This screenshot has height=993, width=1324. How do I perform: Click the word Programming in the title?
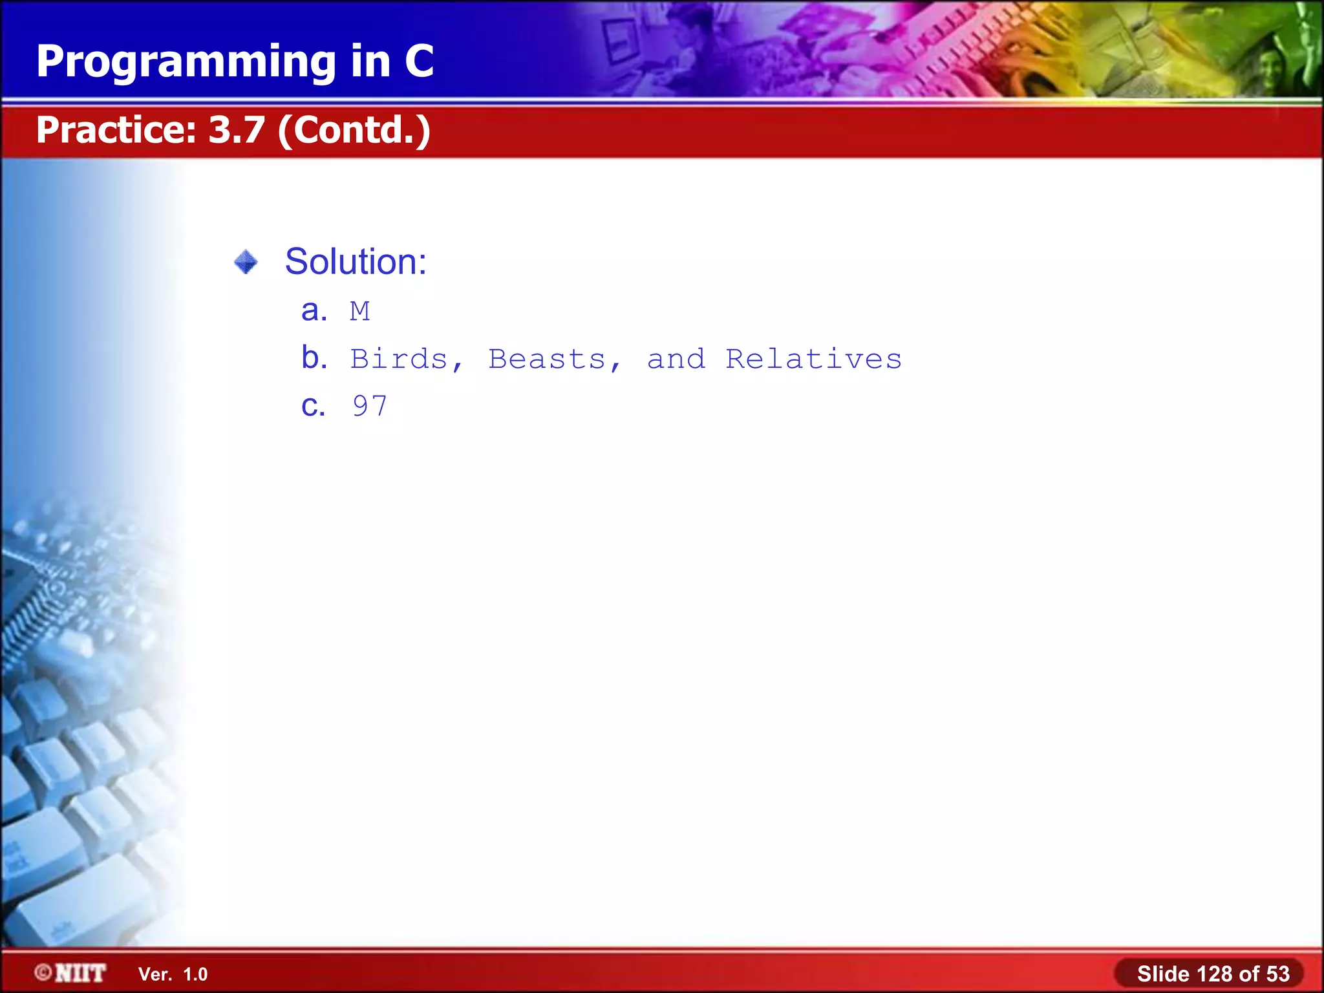(186, 62)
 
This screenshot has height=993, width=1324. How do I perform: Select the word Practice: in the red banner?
(116, 130)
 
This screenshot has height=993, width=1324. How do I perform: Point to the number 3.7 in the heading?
(237, 130)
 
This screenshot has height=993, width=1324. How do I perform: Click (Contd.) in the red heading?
(354, 130)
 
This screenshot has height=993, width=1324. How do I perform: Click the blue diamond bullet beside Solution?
(246, 262)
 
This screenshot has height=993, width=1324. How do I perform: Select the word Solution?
(356, 262)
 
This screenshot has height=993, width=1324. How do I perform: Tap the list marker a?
(314, 311)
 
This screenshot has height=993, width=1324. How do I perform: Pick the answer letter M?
(360, 312)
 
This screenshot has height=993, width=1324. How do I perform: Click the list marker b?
(314, 358)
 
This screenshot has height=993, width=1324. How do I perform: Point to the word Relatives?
(813, 359)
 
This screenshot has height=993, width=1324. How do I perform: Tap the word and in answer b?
(676, 359)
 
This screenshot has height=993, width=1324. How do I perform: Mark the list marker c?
(313, 406)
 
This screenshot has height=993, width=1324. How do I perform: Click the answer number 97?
(370, 407)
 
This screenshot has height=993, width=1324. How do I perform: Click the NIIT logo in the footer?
(71, 973)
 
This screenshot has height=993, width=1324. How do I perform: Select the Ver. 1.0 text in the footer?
(173, 974)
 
